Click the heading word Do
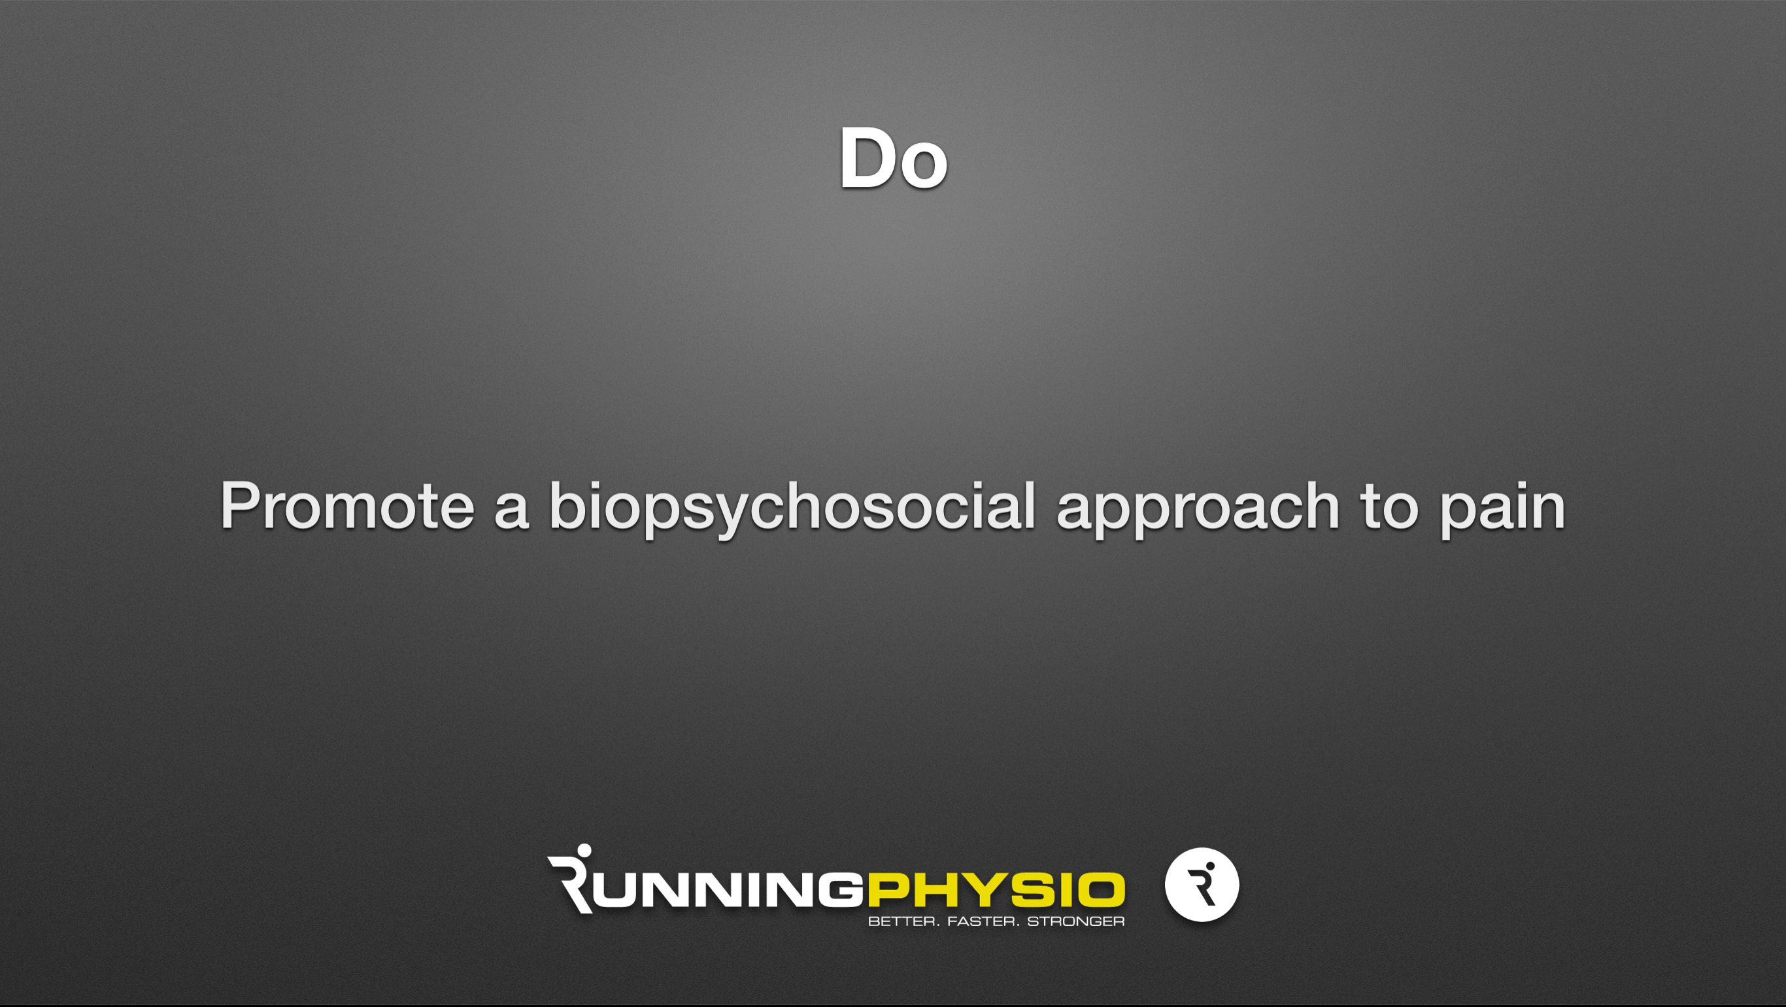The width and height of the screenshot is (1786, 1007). [x=893, y=158]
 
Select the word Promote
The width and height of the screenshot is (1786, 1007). [x=347, y=505]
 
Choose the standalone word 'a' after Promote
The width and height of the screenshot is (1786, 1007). [x=512, y=513]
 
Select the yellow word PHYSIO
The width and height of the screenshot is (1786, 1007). [x=996, y=891]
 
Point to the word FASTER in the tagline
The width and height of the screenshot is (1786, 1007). [x=983, y=921]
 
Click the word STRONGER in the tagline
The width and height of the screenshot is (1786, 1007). [x=1075, y=921]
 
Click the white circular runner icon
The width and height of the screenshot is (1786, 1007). [x=1202, y=884]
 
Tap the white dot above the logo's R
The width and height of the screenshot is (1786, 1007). [x=584, y=851]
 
